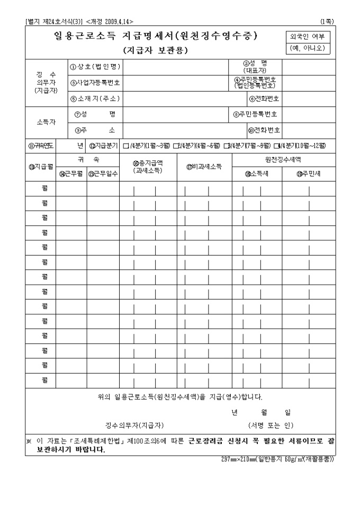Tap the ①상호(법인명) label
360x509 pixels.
[x=95, y=67]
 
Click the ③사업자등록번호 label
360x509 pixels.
[x=95, y=83]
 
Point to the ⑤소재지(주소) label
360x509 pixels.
[x=95, y=98]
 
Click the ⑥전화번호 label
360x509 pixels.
[x=264, y=98]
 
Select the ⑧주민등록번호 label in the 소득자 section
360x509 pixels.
[x=257, y=114]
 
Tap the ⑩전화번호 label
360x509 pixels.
[x=264, y=130]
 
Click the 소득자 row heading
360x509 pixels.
[x=46, y=122]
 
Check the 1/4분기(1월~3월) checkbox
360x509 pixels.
[x=125, y=146]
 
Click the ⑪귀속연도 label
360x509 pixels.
[x=40, y=146]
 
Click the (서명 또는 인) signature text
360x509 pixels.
[x=271, y=425]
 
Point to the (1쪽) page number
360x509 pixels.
[x=327, y=21]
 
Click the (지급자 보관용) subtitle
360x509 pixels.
[x=155, y=51]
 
